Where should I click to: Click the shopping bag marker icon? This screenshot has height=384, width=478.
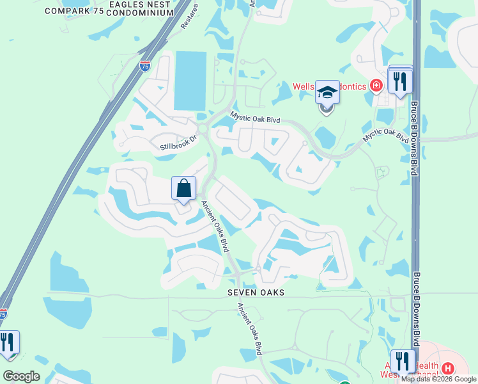[183, 189]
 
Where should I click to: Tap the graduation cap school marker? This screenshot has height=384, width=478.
[327, 93]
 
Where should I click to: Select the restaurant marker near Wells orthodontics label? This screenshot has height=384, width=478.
[401, 81]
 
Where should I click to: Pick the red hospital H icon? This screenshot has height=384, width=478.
[448, 369]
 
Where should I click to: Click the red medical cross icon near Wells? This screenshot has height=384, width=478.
[376, 85]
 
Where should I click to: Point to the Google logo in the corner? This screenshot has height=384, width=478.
[21, 376]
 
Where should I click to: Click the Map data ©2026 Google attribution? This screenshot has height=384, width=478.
[438, 379]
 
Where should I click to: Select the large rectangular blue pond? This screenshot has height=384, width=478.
[190, 81]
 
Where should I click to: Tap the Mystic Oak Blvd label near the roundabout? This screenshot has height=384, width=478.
[255, 117]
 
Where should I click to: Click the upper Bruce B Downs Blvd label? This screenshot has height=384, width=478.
[415, 138]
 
